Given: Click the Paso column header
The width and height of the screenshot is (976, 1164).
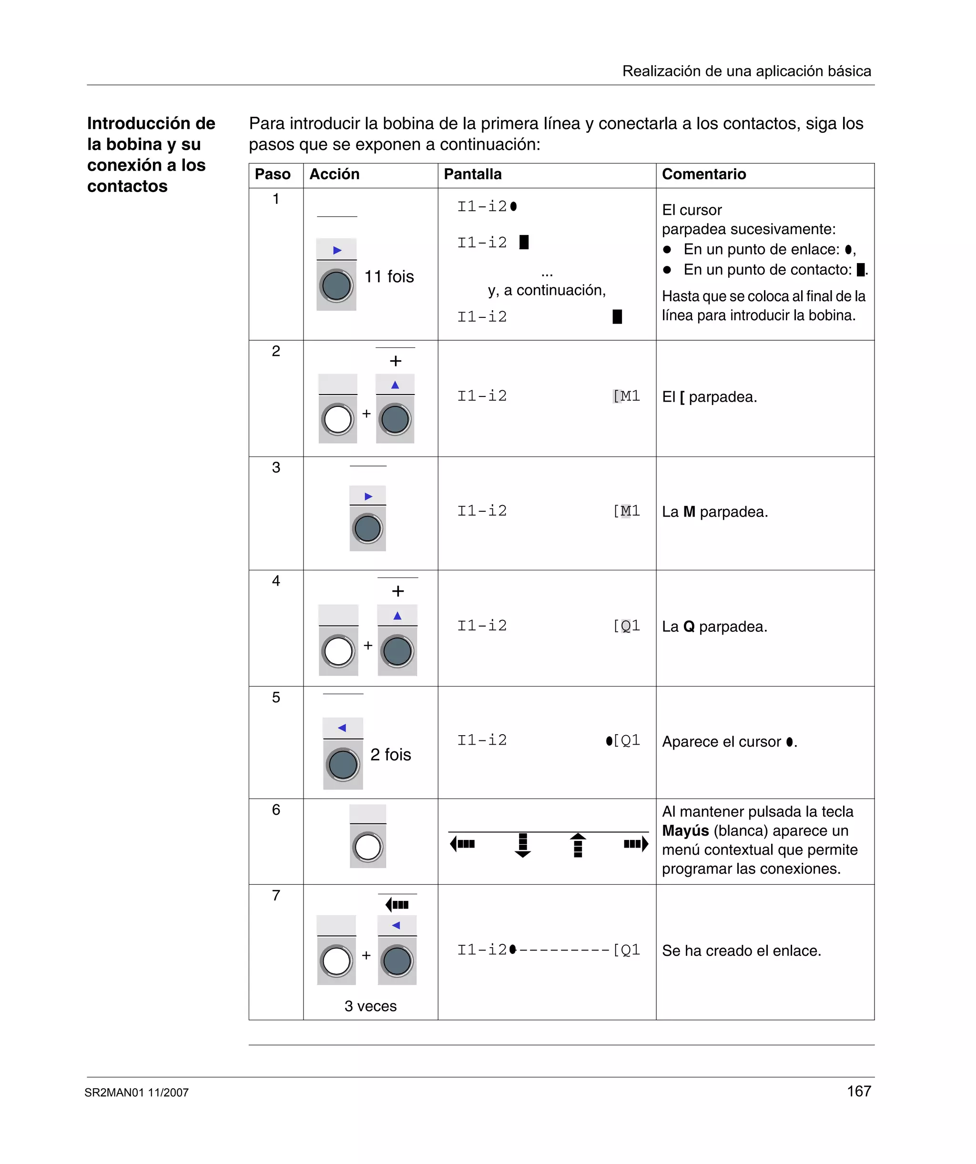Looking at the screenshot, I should [x=272, y=174].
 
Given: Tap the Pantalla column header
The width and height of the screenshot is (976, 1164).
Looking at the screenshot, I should [x=472, y=174].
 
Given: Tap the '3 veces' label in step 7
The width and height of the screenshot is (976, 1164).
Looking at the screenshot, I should [x=370, y=1005].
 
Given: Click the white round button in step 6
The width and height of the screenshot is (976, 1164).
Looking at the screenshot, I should [x=367, y=847].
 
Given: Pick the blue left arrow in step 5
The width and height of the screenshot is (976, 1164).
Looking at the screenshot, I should [x=342, y=728].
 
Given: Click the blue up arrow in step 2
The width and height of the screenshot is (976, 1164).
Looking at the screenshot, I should [x=395, y=385].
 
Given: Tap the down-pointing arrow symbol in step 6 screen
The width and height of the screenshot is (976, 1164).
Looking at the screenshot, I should [x=522, y=845].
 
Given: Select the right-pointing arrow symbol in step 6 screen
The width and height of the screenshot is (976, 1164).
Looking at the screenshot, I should [x=636, y=844].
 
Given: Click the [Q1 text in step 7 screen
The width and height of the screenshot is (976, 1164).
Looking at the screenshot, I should [x=626, y=950].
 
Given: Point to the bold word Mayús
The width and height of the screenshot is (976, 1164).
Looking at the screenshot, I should [x=685, y=830].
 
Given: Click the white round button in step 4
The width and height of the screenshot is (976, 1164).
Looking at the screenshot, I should [x=338, y=651].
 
